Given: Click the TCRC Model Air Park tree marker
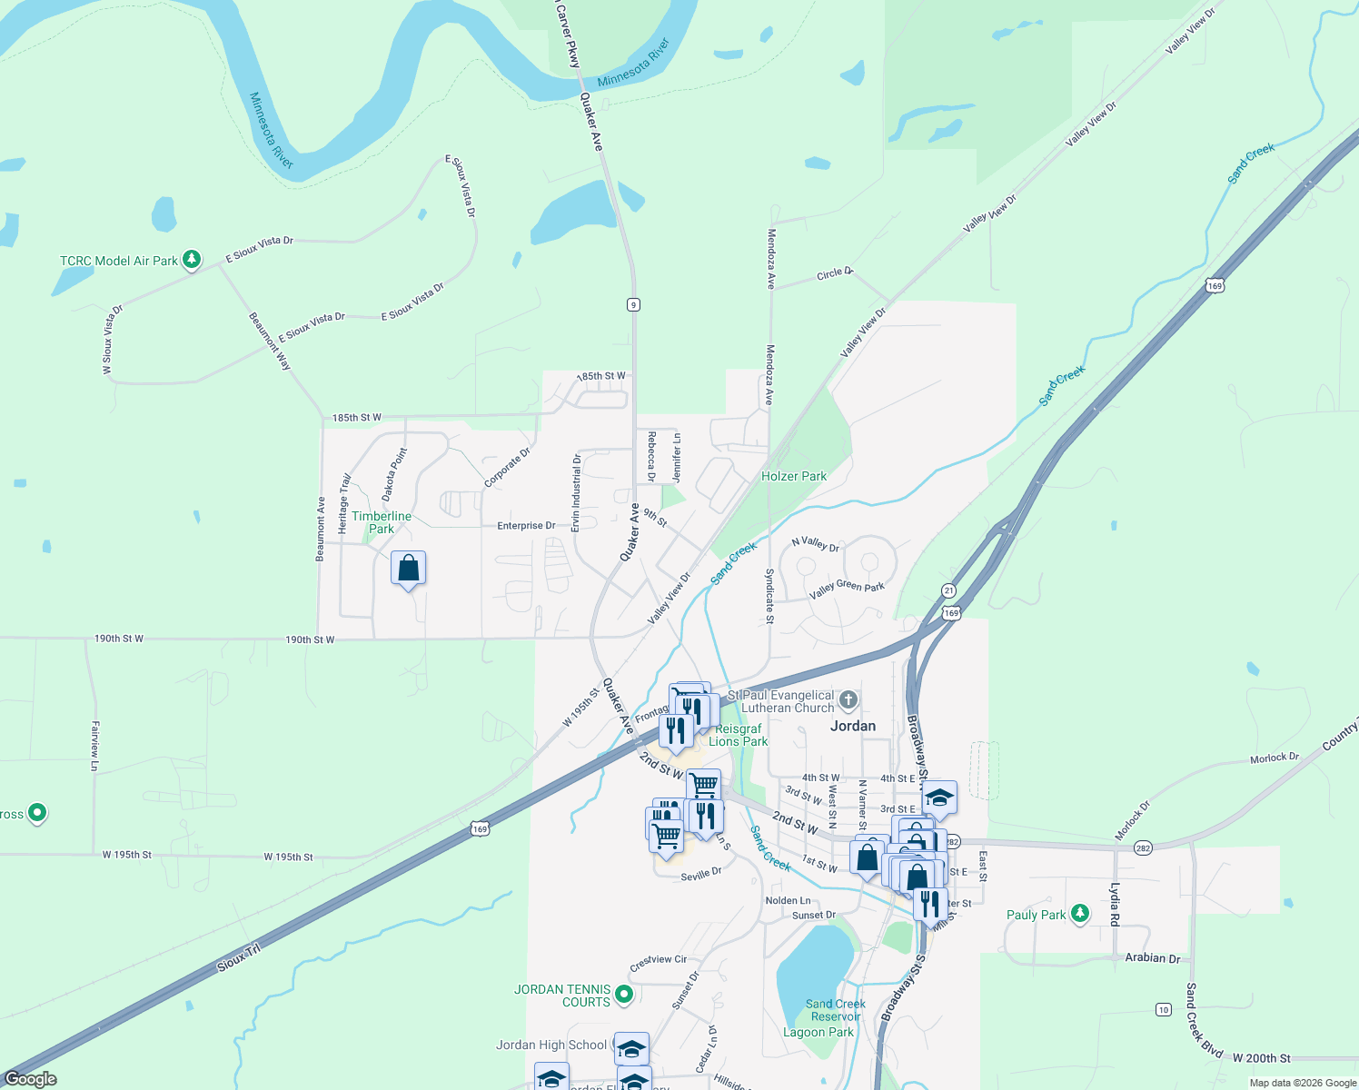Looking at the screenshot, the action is click(x=192, y=260).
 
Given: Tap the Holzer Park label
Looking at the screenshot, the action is click(x=794, y=476).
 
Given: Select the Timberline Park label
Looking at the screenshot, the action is click(x=382, y=522).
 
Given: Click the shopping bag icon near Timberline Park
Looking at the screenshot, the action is click(x=409, y=569).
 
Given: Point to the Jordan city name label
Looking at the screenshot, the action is click(x=853, y=726).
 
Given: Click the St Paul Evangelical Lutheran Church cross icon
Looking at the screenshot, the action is click(x=848, y=699).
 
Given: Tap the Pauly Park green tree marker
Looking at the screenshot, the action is click(x=1080, y=914).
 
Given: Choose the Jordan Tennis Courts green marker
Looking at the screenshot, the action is click(x=624, y=996).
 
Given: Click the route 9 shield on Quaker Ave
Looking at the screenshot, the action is click(x=633, y=304).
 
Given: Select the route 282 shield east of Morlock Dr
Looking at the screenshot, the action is click(x=1143, y=848).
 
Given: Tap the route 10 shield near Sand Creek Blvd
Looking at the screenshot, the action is click(x=1164, y=1009).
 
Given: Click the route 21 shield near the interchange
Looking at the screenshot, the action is click(x=949, y=590).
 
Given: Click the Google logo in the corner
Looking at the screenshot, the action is click(x=30, y=1079).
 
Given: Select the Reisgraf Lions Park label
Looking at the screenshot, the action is click(x=738, y=735).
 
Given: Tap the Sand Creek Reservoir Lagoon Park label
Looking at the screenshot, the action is click(x=835, y=1017).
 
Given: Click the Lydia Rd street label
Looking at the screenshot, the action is click(x=1115, y=904).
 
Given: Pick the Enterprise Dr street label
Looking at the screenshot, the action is click(x=526, y=526).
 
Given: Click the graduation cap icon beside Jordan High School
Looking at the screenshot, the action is click(x=631, y=1049).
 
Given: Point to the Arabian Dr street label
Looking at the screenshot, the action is click(x=1152, y=958).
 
